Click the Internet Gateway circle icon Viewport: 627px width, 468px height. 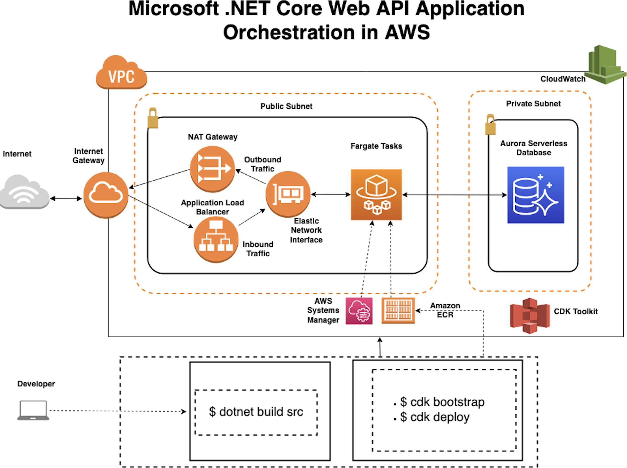106,195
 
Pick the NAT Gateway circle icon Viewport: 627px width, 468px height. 212,169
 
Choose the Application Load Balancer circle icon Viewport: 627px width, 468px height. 216,239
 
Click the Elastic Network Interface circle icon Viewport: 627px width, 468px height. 288,194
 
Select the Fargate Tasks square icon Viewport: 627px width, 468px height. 376,195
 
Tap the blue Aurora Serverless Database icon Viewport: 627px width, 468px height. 535,195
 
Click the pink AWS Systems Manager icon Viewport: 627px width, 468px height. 359,311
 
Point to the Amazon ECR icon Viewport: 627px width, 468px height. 398,310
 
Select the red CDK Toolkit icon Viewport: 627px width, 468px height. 529,315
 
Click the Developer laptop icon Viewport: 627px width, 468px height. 33,410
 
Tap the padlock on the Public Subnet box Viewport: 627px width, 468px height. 153,118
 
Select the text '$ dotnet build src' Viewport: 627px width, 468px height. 256,412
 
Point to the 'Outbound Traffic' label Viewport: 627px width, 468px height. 263,164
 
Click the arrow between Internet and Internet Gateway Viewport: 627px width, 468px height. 66,199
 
